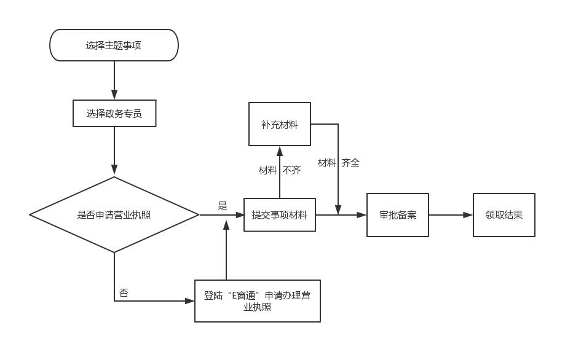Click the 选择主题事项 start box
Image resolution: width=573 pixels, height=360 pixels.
click(x=114, y=45)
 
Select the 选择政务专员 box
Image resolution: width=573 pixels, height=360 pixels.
click(x=114, y=114)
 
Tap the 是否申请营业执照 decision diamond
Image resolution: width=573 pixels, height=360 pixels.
click(x=114, y=215)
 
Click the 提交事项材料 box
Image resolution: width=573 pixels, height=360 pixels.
click(x=280, y=215)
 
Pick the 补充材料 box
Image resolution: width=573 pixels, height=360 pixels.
click(x=280, y=125)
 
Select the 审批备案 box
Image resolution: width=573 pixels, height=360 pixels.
click(x=398, y=215)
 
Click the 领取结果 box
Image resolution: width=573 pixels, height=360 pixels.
click(x=504, y=215)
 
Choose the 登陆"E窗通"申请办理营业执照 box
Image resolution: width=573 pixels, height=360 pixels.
click(x=258, y=301)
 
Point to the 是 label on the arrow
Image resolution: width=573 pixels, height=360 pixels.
click(x=223, y=206)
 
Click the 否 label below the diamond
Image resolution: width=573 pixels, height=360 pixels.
click(x=124, y=293)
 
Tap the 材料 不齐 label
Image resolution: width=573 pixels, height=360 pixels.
click(x=280, y=170)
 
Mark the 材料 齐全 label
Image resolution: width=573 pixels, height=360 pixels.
click(x=339, y=163)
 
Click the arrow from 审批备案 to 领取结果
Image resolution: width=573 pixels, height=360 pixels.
click(x=451, y=215)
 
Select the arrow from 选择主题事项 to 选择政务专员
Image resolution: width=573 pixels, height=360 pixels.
click(x=114, y=80)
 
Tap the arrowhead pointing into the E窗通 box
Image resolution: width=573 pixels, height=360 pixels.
click(x=189, y=301)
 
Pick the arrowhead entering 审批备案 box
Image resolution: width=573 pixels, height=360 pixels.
click(x=362, y=215)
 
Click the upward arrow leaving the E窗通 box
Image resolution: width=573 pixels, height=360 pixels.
click(x=226, y=252)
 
